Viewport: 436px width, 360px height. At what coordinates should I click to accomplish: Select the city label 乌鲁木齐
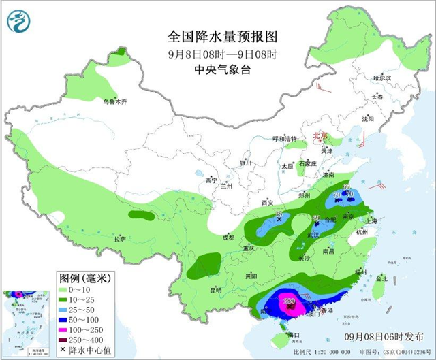point(115,102)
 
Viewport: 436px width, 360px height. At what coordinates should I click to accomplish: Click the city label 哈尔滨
point(382,78)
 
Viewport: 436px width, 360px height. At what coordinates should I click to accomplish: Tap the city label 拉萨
point(120,239)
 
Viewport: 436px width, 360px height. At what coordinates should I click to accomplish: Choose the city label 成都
point(227,238)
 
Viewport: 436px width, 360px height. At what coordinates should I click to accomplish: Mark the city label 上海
point(371,220)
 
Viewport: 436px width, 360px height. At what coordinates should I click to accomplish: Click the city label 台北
point(381,278)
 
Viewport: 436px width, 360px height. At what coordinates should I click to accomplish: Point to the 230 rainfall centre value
point(289,300)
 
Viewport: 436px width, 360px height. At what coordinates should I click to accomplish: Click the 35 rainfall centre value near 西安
point(278,214)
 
